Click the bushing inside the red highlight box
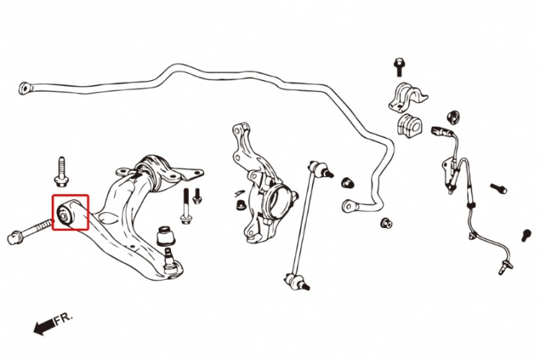click(67, 214)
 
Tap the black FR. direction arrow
click(43, 325)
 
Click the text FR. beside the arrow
click(64, 318)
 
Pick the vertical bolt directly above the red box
click(61, 172)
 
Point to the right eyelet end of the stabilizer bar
click(347, 205)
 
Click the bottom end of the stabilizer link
click(295, 282)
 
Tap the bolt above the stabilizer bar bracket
click(398, 67)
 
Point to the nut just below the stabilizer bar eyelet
click(386, 223)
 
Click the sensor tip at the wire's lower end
click(503, 264)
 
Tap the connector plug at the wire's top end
click(440, 133)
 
